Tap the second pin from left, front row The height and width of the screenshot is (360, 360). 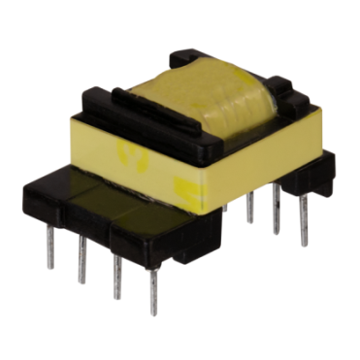82,262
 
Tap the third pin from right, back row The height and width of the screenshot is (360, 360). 250,205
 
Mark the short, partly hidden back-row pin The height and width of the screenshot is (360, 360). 225,205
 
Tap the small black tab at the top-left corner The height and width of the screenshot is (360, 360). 97,98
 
